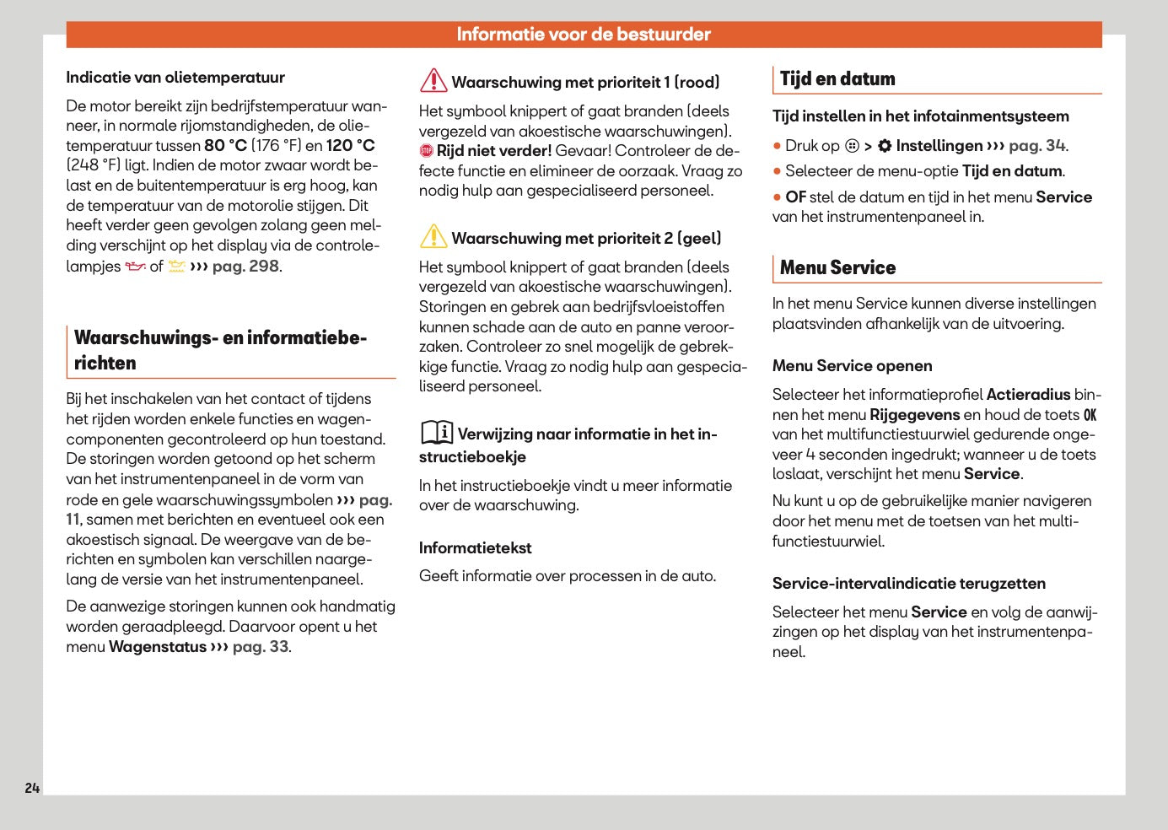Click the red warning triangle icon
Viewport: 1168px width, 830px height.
pyautogui.click(x=433, y=80)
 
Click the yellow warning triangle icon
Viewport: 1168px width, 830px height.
pyautogui.click(x=433, y=236)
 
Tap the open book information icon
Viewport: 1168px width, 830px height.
pyautogui.click(x=437, y=433)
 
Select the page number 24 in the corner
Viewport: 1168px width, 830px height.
pyautogui.click(x=32, y=788)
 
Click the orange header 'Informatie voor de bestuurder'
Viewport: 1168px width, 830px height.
pyautogui.click(x=584, y=35)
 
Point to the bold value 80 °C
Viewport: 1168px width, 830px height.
pyautogui.click(x=225, y=145)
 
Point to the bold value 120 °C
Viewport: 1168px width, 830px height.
pyautogui.click(x=350, y=145)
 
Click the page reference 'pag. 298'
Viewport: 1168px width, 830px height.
pyautogui.click(x=245, y=267)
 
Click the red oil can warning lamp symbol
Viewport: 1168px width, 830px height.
pyautogui.click(x=135, y=267)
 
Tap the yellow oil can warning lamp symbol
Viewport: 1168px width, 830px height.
pyautogui.click(x=176, y=267)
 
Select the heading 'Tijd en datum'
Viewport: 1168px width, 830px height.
pyautogui.click(x=837, y=79)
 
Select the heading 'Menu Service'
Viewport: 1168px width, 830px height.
pyautogui.click(x=837, y=268)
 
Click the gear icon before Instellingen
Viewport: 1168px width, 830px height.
pyautogui.click(x=885, y=146)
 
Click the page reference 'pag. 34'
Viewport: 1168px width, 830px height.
pyautogui.click(x=1036, y=146)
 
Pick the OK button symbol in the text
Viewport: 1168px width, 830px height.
pyautogui.click(x=1090, y=415)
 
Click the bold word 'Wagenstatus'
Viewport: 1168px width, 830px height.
pyautogui.click(x=158, y=647)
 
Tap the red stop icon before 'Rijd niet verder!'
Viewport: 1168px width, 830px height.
pyautogui.click(x=427, y=151)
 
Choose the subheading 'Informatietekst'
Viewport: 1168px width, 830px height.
pyautogui.click(x=475, y=548)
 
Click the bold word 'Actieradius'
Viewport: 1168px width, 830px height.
pyautogui.click(x=1028, y=395)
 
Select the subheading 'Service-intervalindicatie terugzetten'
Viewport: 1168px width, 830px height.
pyautogui.click(x=908, y=584)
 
